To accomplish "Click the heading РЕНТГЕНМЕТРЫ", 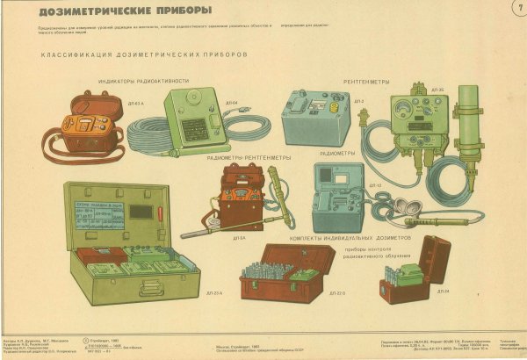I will click(365, 81).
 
